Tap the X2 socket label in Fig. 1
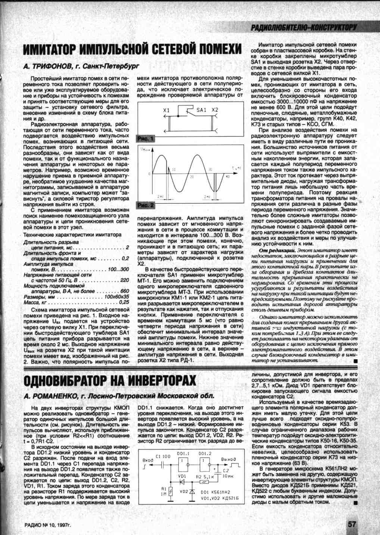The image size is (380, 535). point(215,110)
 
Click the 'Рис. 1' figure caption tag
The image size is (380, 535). point(146,139)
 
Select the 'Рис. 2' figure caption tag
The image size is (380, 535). point(146,205)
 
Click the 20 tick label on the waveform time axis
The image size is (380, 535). point(191,176)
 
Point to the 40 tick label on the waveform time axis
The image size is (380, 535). point(227,176)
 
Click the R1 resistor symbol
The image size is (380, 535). point(171,491)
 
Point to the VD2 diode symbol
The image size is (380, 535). point(193,491)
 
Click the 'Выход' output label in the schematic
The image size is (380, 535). point(228,459)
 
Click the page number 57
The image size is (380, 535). point(352,524)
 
